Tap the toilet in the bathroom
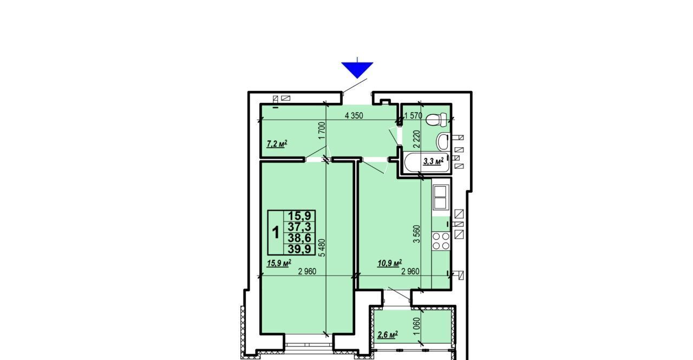point(436,120)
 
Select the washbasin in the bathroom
point(443,142)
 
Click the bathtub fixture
point(427,163)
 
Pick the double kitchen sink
point(440,197)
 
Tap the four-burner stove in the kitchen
point(441,241)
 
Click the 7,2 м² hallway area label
point(277,144)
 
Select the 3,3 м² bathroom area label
point(433,161)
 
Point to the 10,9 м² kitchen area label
point(389,263)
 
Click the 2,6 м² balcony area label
point(387,335)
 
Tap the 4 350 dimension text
point(354,116)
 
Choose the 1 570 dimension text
point(413,116)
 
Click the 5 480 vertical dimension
point(322,248)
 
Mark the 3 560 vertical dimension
point(417,234)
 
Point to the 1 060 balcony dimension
point(417,326)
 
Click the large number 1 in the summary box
point(276,232)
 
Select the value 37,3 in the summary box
point(299,227)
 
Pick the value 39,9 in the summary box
point(299,248)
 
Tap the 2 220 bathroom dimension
point(417,139)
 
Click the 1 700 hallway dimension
point(322,130)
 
